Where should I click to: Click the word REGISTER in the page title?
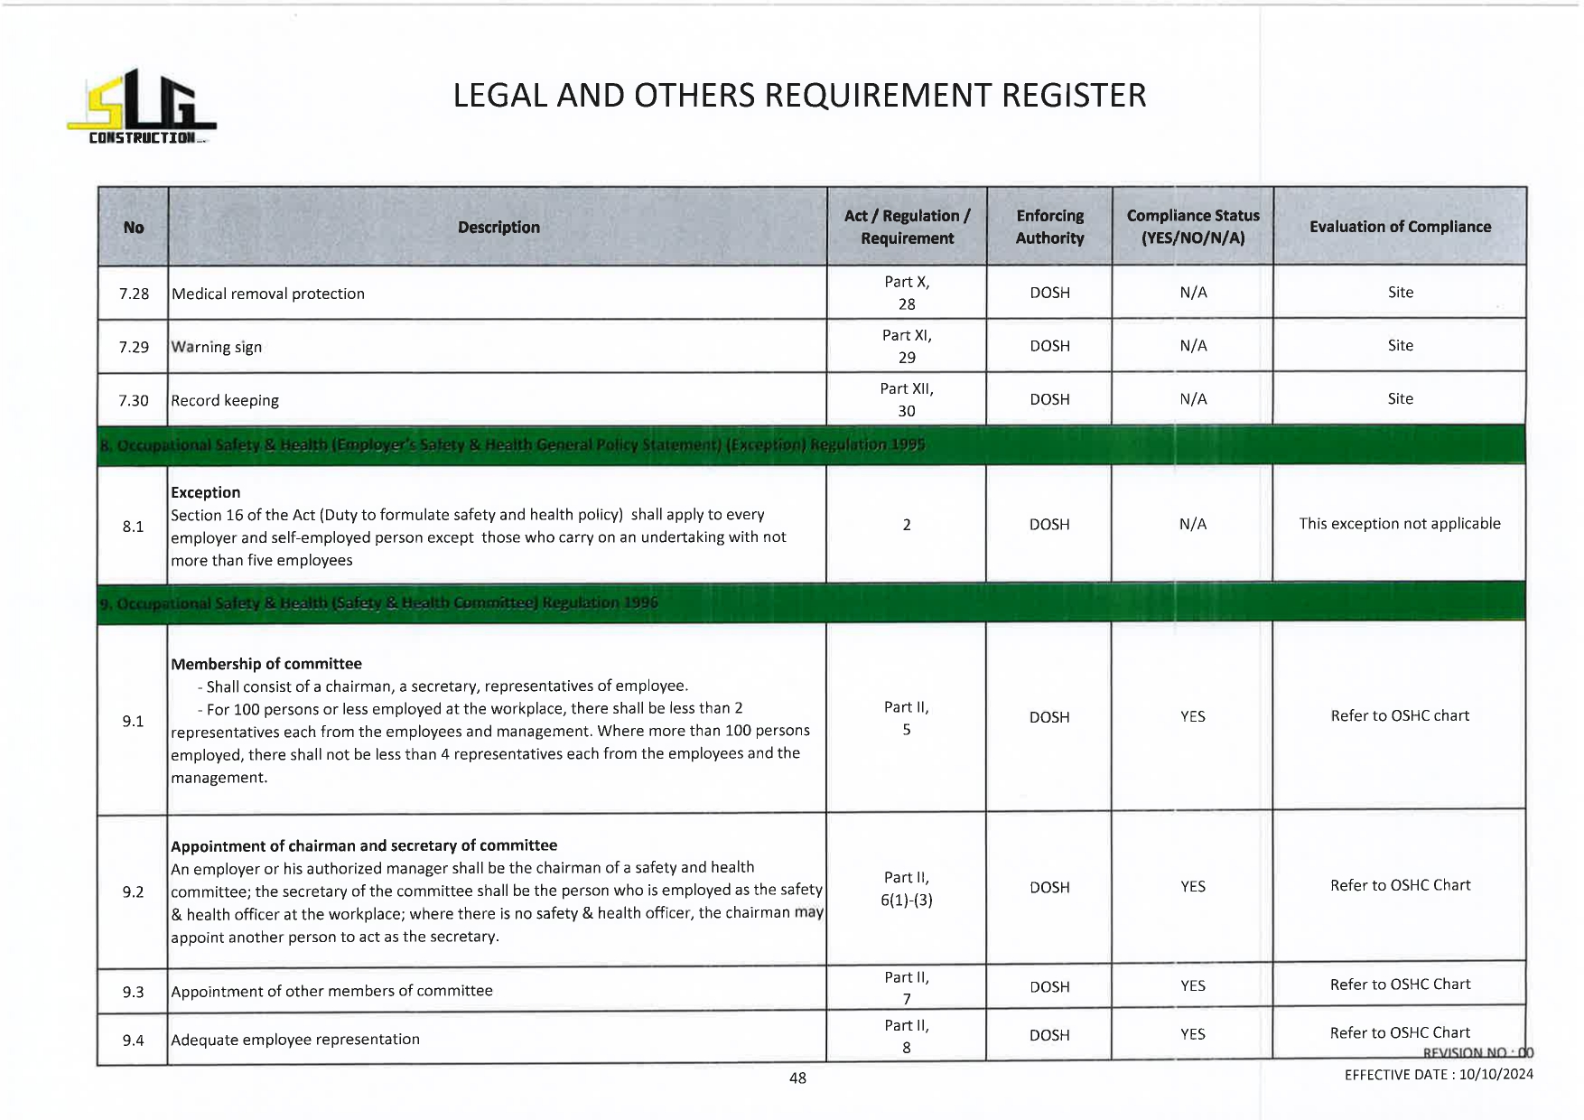pyautogui.click(x=1074, y=96)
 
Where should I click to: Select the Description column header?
pyautogui.click(x=498, y=228)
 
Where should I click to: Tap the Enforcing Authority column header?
pyautogui.click(x=1049, y=227)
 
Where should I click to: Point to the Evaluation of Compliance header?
pyautogui.click(x=1400, y=227)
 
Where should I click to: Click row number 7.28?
pyautogui.click(x=134, y=294)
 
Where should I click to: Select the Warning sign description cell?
pyautogui.click(x=217, y=347)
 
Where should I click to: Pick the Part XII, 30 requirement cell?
pyautogui.click(x=907, y=399)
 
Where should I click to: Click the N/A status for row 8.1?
pyautogui.click(x=1192, y=524)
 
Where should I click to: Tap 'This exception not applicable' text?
pyautogui.click(x=1399, y=524)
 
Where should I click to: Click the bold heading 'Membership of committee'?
pyautogui.click(x=266, y=664)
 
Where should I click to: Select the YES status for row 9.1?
pyautogui.click(x=1192, y=716)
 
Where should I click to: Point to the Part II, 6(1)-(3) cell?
pyautogui.click(x=907, y=889)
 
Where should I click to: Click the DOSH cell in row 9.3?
pyautogui.click(x=1049, y=987)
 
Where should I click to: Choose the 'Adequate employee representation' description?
pyautogui.click(x=295, y=1040)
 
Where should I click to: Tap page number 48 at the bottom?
pyautogui.click(x=797, y=1078)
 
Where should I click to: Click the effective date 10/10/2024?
pyautogui.click(x=1495, y=1075)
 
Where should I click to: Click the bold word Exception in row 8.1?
pyautogui.click(x=206, y=492)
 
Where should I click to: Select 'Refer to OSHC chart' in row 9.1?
pyautogui.click(x=1399, y=716)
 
